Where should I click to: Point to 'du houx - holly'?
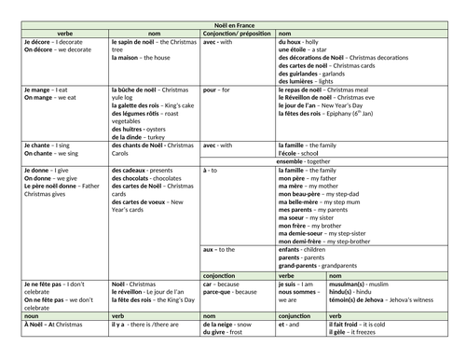click(302, 42)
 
